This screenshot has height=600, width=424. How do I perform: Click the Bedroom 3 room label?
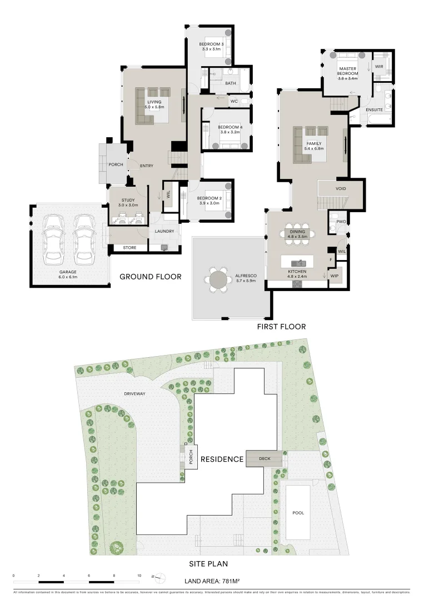[211, 44]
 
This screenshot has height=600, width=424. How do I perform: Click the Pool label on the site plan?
[298, 513]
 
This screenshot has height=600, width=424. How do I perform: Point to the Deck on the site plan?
[265, 459]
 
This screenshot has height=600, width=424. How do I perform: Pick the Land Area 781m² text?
[212, 581]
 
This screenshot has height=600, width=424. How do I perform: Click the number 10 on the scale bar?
[139, 576]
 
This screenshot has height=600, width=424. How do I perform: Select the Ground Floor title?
[151, 276]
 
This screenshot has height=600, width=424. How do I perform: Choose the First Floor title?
[281, 327]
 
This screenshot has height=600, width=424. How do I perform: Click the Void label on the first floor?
[341, 189]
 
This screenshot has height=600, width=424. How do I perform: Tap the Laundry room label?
[164, 231]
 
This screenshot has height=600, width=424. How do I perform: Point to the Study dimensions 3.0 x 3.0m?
[128, 205]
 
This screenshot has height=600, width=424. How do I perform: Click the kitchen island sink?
[300, 261]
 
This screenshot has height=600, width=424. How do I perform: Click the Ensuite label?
[374, 110]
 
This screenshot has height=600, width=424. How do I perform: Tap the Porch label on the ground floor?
[116, 164]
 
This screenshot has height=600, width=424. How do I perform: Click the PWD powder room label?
[341, 222]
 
